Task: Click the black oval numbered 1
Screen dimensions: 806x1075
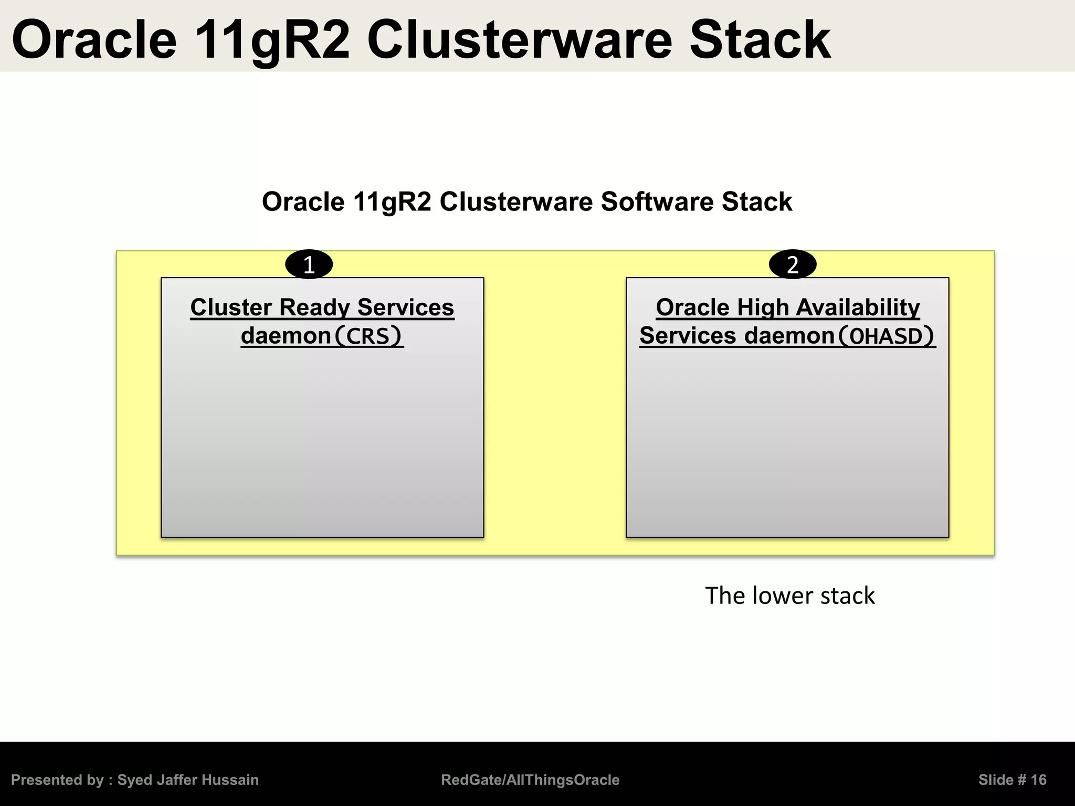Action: coord(309,264)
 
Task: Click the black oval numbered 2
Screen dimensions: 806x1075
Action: coord(792,264)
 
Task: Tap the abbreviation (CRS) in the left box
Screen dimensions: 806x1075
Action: coord(368,336)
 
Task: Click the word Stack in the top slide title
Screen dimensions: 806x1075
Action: coord(760,40)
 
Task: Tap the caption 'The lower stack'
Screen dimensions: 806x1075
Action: coord(789,596)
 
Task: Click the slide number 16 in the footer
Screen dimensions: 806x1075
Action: coord(1038,780)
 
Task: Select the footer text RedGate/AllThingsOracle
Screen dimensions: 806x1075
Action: coord(530,780)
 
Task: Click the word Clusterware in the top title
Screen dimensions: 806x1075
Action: coord(519,40)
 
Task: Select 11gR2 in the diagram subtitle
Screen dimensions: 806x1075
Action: coord(392,201)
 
